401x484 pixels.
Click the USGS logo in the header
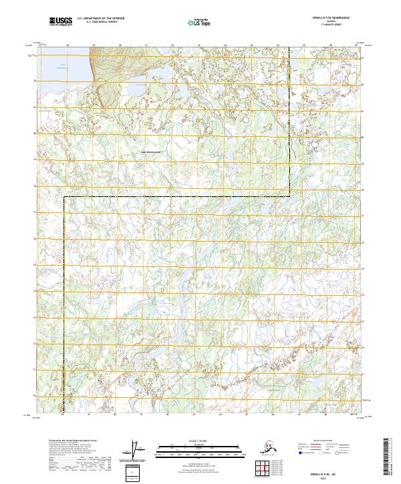pyautogui.click(x=61, y=22)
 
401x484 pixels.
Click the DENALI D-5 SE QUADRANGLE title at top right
pyautogui.click(x=331, y=17)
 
